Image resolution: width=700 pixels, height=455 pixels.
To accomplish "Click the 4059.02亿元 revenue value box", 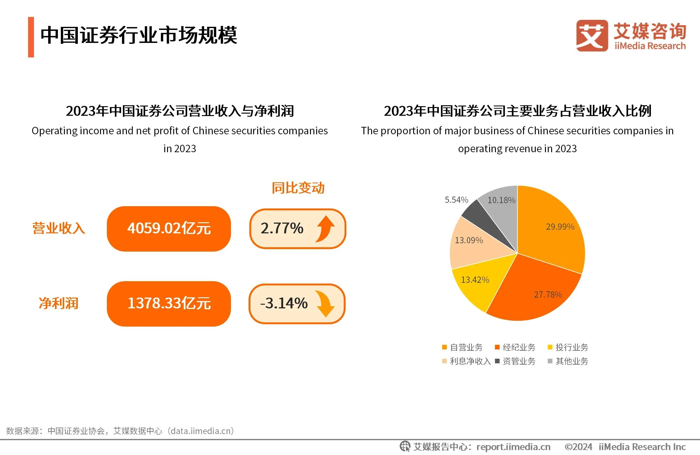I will click(169, 229).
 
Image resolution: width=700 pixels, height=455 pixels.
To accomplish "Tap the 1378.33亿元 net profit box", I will click(169, 304).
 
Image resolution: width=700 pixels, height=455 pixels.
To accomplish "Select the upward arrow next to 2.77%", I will click(325, 229).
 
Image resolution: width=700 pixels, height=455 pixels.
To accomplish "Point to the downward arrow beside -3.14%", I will click(325, 304).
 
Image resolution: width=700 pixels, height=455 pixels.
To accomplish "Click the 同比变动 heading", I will click(298, 188).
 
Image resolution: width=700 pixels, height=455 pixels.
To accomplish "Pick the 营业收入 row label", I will click(59, 228).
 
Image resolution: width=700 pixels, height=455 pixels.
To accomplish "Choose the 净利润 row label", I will click(59, 303).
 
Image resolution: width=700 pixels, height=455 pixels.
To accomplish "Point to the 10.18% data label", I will click(501, 200).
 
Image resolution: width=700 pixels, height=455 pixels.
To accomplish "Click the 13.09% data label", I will click(469, 240).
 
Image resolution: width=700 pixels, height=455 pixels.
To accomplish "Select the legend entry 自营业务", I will click(462, 347).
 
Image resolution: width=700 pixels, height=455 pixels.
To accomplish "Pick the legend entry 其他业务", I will click(568, 361).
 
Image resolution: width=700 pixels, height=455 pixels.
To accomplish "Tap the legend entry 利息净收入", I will click(466, 361).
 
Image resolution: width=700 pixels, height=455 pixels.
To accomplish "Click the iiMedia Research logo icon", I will click(592, 35).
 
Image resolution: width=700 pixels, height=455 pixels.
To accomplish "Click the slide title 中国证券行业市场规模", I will click(139, 35).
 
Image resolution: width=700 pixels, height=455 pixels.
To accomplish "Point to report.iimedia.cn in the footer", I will click(513, 447).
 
